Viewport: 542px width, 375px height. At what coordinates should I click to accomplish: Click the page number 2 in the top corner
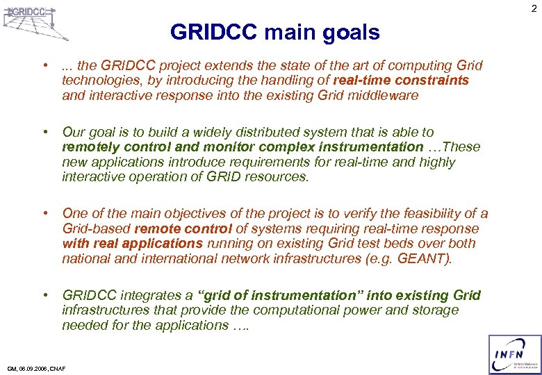tap(534, 8)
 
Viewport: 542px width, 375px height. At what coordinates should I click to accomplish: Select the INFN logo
tap(515, 354)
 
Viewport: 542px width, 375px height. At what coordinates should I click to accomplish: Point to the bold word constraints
tap(432, 81)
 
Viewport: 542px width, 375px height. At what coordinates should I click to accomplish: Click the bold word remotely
tap(89, 147)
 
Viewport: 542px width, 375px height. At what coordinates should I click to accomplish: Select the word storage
tap(434, 310)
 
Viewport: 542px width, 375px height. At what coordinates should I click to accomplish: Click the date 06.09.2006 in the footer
tap(33, 369)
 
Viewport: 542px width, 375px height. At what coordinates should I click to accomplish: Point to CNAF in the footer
tap(57, 369)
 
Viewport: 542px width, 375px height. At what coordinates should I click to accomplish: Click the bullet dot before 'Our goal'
tap(45, 132)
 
